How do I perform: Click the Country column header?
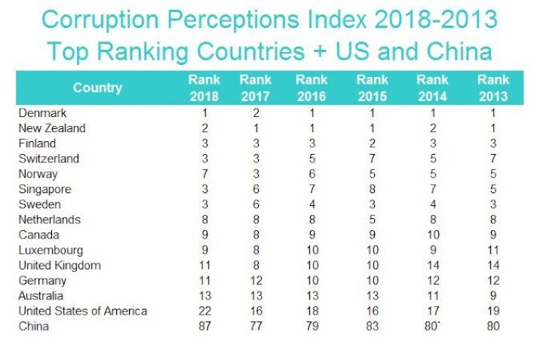click(97, 88)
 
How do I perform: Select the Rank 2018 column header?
click(204, 88)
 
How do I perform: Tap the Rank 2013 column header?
click(493, 88)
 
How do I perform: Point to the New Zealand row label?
click(52, 128)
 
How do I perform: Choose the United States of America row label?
click(83, 311)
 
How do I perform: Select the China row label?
click(35, 326)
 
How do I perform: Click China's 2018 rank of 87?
click(204, 326)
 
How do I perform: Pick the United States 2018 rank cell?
click(204, 311)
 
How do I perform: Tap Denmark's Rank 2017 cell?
click(255, 112)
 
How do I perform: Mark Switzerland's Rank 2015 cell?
click(373, 158)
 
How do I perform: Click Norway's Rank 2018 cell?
click(204, 174)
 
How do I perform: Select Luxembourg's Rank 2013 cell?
click(493, 250)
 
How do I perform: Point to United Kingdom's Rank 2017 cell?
click(255, 265)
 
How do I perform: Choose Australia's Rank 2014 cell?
click(432, 296)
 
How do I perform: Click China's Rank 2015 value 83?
click(373, 326)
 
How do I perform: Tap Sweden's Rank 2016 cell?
click(312, 204)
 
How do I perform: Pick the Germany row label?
click(42, 280)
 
